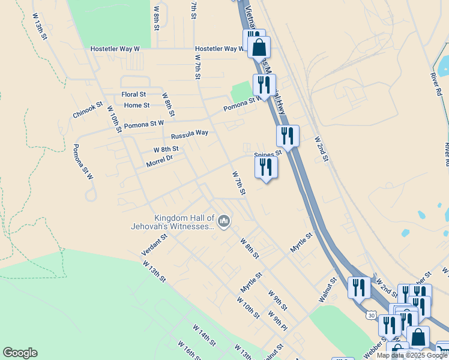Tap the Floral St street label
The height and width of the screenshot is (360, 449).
(x=134, y=94)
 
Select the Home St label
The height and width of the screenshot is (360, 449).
(x=137, y=105)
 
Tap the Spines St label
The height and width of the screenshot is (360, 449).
(x=268, y=154)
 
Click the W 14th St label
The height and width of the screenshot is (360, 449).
(x=204, y=335)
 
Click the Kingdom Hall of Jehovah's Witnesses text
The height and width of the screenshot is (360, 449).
(x=172, y=222)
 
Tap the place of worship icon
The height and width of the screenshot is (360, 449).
(x=224, y=222)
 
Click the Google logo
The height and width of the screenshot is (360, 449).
(x=20, y=353)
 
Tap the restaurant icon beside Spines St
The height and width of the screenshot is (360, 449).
(x=266, y=166)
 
